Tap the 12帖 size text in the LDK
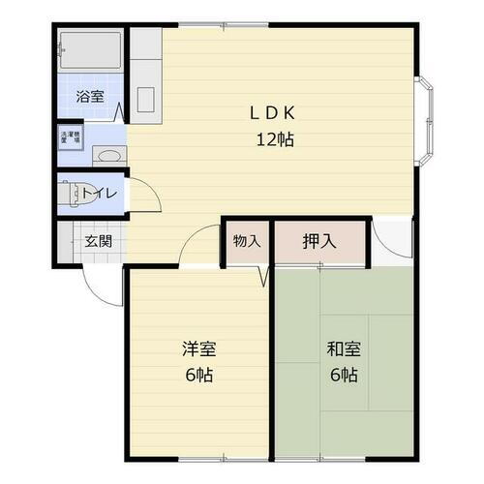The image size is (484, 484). pos(275,138)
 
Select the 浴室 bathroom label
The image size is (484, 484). pos(91,96)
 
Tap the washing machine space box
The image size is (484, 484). pos(71,137)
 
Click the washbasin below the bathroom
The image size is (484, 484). pos(106,155)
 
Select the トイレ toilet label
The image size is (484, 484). pos(100,194)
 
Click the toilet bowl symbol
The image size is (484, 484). pos(72,194)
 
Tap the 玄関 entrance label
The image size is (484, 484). pos(95,240)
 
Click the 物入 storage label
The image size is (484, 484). pos(247,241)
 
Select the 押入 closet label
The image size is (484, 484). pos(319,241)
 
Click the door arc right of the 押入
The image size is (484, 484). pos(391,242)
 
